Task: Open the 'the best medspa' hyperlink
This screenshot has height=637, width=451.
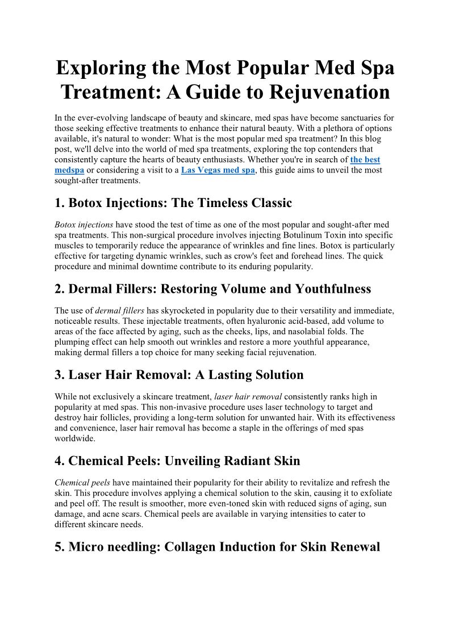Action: coord(365,160)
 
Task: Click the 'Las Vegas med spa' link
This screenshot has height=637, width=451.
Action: coord(218,170)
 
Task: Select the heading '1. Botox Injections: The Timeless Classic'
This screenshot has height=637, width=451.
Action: coord(173,203)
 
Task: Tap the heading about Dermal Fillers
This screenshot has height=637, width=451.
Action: coord(213,289)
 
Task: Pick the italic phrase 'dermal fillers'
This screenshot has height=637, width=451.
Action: coord(119,311)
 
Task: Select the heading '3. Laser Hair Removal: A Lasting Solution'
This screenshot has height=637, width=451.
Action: coord(179,375)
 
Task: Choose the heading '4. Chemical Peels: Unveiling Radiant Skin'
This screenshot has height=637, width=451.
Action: coord(177,461)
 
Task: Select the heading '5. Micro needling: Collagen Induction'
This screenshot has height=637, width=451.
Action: coord(217,547)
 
